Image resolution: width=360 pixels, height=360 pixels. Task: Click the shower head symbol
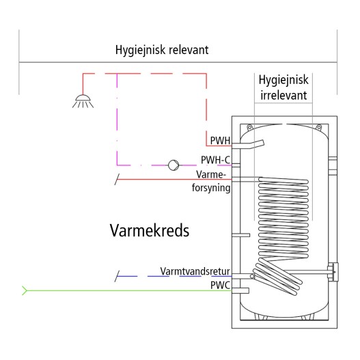point(83,101)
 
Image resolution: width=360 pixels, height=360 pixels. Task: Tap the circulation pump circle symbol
point(174,165)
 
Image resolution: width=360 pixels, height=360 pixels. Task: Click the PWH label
point(220,141)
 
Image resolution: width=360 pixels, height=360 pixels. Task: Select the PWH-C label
point(215,160)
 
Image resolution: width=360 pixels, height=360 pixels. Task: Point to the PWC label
point(220,286)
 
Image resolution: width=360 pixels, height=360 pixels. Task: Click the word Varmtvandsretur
point(195,271)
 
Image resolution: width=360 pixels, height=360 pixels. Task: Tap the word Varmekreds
point(150,230)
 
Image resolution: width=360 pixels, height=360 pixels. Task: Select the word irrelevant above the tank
point(283,95)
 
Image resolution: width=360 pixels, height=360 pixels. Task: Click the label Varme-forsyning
point(211,182)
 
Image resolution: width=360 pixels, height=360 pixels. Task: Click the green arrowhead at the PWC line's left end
point(25,290)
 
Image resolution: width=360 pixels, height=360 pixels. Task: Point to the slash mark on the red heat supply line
point(117,179)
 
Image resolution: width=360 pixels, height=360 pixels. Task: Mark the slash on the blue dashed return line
point(117,276)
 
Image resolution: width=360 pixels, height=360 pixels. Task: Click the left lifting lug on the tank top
point(249,127)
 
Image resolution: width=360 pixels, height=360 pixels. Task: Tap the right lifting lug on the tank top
point(319,127)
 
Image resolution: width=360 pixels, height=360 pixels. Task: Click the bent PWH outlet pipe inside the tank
point(248,145)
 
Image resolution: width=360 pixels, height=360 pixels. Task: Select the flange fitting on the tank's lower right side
point(333,272)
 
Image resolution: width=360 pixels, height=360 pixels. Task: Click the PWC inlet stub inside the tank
point(240,290)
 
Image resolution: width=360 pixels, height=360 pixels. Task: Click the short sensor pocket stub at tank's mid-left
point(241,235)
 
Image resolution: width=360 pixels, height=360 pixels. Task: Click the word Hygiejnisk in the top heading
point(140,50)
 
